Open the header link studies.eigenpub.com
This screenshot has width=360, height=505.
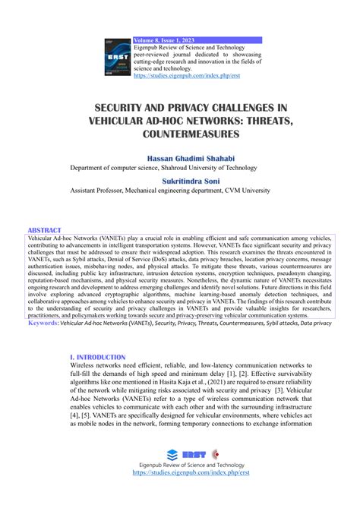coord(178,76)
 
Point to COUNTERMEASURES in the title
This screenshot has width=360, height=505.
coord(180,134)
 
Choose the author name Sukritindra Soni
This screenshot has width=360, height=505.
coord(180,181)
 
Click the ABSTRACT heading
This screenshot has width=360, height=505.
coord(45,229)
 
